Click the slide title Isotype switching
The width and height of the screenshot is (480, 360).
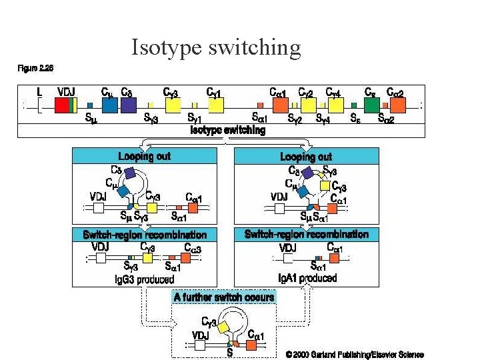(x=216, y=48)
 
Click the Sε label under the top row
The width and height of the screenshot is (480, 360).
(x=357, y=119)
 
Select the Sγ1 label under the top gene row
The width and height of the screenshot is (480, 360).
(x=195, y=119)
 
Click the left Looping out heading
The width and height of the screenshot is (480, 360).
(x=144, y=156)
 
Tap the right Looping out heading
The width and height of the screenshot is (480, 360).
(x=307, y=156)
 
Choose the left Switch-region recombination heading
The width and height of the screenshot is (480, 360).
(x=145, y=235)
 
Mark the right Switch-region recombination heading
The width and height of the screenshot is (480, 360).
(x=307, y=234)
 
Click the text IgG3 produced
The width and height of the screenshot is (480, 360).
(x=145, y=279)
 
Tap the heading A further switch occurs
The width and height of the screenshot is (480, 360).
(x=224, y=297)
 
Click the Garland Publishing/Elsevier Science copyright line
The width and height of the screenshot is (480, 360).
(x=355, y=355)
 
